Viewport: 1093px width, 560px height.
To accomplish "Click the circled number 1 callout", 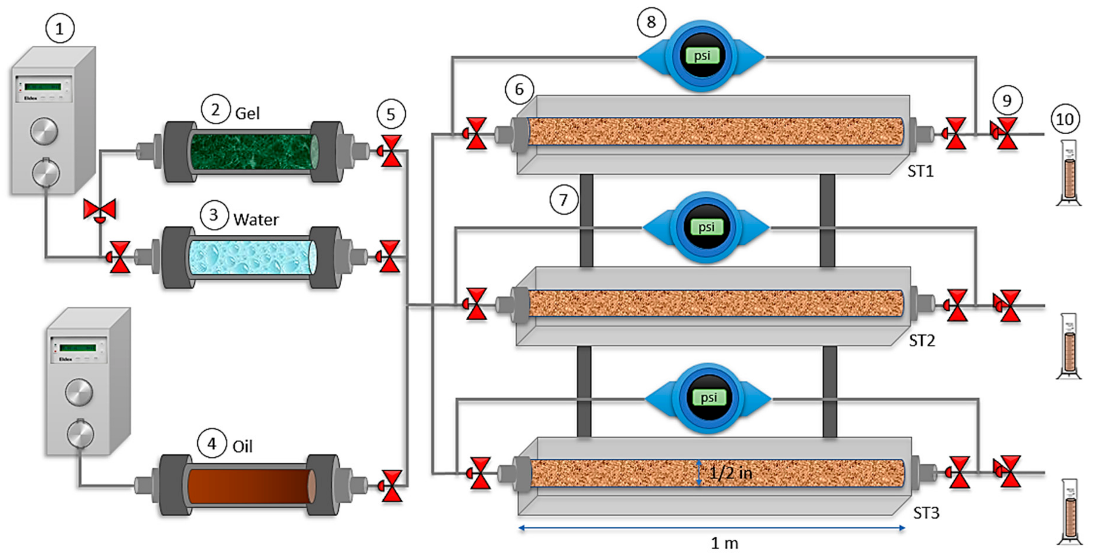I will point(59,29).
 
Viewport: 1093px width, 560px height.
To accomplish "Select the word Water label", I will point(256,219).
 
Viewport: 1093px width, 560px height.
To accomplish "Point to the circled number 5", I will point(391,114).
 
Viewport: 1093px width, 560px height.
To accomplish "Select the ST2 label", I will point(922,341).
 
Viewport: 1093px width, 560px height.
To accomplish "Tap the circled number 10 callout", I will point(1065,119).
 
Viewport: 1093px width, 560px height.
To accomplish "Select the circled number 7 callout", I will point(563,200).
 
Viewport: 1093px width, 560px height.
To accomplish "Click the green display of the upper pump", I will point(42,87).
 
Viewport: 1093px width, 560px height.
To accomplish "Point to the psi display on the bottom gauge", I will point(708,398).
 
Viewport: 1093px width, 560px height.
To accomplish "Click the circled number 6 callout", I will point(519,89).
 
